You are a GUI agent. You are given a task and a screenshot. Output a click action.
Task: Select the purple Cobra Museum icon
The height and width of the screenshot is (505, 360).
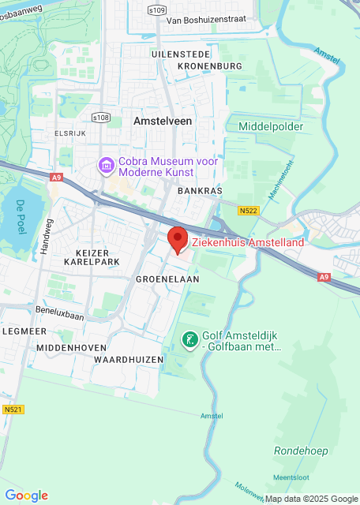[x=103, y=166]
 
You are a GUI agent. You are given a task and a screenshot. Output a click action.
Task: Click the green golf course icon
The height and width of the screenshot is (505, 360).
[x=189, y=340]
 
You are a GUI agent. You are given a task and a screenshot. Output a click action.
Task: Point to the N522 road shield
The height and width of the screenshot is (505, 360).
[x=249, y=211]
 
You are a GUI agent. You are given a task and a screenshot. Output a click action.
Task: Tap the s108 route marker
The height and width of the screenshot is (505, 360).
[x=100, y=118]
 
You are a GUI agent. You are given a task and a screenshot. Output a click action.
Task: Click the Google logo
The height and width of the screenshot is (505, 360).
[x=26, y=496]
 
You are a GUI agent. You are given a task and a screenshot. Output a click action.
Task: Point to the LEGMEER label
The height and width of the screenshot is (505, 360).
[x=18, y=331]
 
